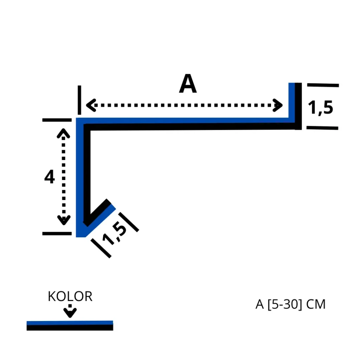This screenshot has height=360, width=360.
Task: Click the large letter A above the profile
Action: click(x=188, y=84)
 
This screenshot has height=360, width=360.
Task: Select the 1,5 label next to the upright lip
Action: click(x=320, y=108)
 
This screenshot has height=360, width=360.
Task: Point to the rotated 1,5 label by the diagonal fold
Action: click(x=114, y=234)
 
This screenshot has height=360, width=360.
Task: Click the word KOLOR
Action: click(x=70, y=296)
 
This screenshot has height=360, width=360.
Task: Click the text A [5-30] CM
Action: click(x=290, y=304)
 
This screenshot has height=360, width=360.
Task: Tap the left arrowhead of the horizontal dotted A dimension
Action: click(x=91, y=105)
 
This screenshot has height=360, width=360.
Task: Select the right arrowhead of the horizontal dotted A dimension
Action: click(x=278, y=105)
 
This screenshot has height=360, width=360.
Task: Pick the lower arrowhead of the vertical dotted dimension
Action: click(x=64, y=220)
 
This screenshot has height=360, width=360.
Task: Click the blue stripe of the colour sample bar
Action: click(x=70, y=323)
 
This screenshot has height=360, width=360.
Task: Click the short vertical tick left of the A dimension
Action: click(x=79, y=100)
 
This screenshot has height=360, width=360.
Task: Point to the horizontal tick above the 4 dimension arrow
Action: click(x=57, y=120)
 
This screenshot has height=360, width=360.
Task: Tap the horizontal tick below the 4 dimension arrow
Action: click(x=57, y=234)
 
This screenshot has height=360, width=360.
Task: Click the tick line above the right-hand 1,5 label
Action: click(x=323, y=85)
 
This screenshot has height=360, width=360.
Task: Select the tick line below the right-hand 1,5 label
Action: click(x=322, y=128)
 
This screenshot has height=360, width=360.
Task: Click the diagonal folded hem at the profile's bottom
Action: click(x=99, y=216)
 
